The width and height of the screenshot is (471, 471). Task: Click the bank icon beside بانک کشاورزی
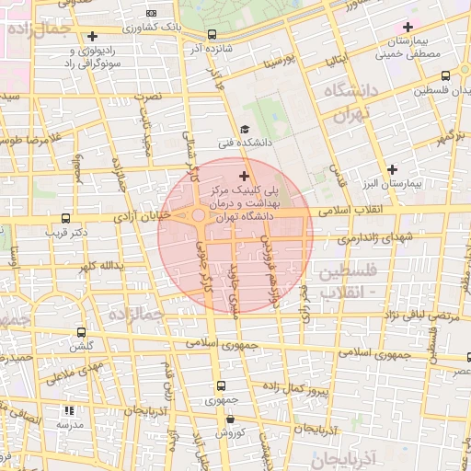click(x=153, y=14)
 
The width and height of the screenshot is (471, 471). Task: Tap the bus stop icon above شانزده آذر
click(x=213, y=34)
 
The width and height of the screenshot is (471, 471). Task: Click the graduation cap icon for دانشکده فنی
click(x=244, y=129)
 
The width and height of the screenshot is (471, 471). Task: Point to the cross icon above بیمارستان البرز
click(x=393, y=169)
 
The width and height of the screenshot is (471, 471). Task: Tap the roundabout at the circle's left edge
click(x=198, y=215)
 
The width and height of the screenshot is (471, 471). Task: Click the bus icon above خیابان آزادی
click(x=64, y=219)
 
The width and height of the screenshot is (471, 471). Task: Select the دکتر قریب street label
click(x=65, y=233)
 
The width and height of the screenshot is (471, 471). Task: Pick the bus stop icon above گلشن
click(x=82, y=332)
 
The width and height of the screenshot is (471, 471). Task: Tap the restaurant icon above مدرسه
click(x=68, y=411)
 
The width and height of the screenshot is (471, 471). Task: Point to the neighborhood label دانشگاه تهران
click(x=350, y=102)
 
